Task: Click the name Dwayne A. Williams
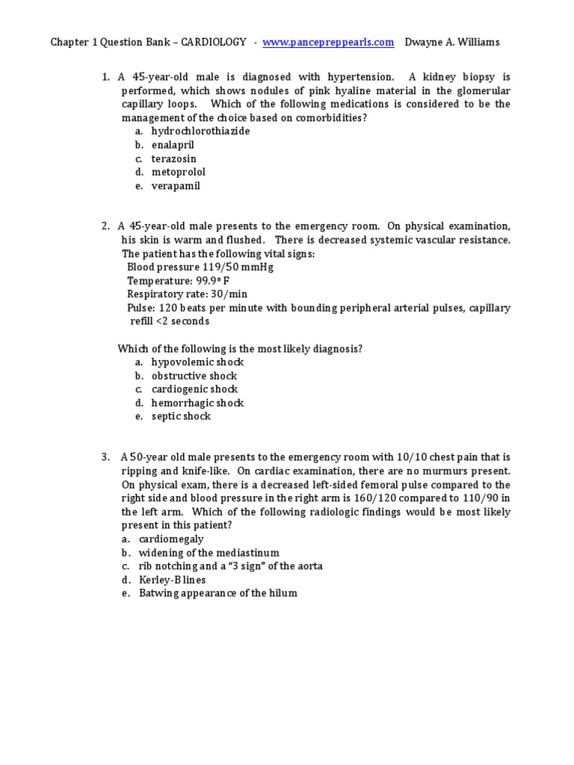(x=451, y=43)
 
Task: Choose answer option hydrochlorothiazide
(x=200, y=131)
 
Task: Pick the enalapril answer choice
(x=173, y=145)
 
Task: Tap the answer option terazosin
(x=173, y=159)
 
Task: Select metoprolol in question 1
(x=178, y=173)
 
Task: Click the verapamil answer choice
(x=176, y=186)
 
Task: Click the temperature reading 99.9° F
(x=213, y=281)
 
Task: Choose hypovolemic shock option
(x=197, y=362)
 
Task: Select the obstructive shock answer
(x=194, y=376)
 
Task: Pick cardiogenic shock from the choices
(x=194, y=389)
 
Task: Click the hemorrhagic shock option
(x=197, y=403)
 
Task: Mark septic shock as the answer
(x=181, y=417)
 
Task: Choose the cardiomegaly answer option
(x=171, y=539)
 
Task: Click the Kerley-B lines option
(x=172, y=580)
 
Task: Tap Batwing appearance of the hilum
(x=217, y=593)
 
